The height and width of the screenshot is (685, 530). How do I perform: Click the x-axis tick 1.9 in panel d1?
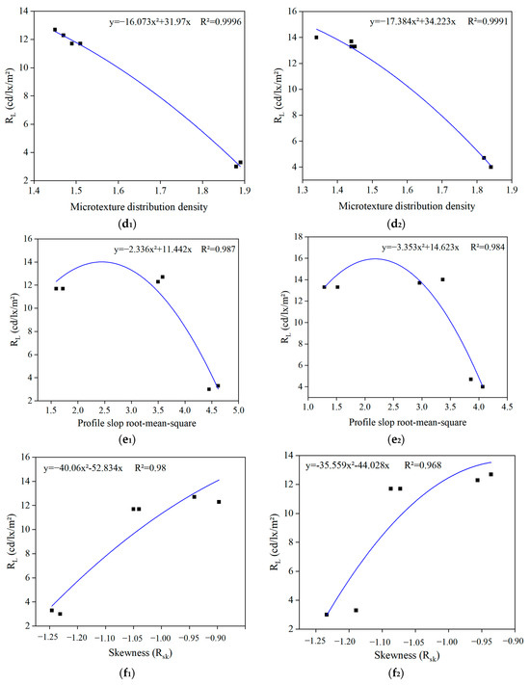[244, 192]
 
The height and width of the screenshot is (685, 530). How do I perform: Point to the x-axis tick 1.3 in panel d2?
[304, 192]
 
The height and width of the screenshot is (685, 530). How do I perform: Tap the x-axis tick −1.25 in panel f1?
[46, 638]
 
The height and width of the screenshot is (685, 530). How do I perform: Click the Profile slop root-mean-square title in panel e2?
[403, 428]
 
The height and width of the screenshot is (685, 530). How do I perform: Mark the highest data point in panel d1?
[55, 30]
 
